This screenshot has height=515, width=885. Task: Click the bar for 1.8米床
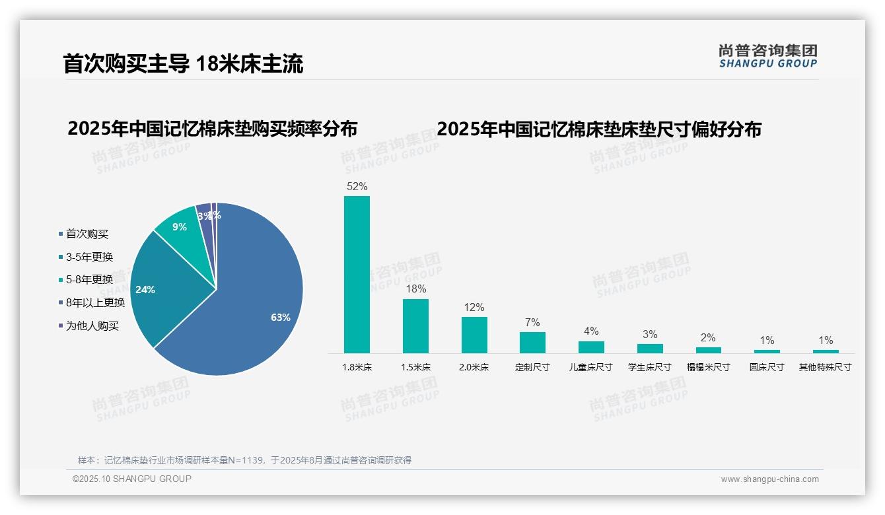point(357,274)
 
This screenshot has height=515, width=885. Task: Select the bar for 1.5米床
point(415,326)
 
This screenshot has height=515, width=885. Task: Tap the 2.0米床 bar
point(474,335)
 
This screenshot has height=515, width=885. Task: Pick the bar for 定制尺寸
point(532,342)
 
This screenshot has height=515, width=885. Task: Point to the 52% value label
point(357,187)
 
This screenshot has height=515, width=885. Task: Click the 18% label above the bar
point(415,289)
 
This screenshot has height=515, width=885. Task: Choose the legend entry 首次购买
point(87,234)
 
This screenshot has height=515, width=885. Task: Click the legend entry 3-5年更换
point(89,257)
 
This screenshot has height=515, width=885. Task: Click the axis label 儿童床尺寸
point(591,367)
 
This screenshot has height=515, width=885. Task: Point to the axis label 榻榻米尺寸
point(708,367)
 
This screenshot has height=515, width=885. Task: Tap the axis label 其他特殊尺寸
point(826,367)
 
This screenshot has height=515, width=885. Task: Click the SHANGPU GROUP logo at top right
point(768,56)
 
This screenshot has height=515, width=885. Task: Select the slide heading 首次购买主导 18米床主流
point(183,64)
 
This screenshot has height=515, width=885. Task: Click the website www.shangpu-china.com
point(769,479)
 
